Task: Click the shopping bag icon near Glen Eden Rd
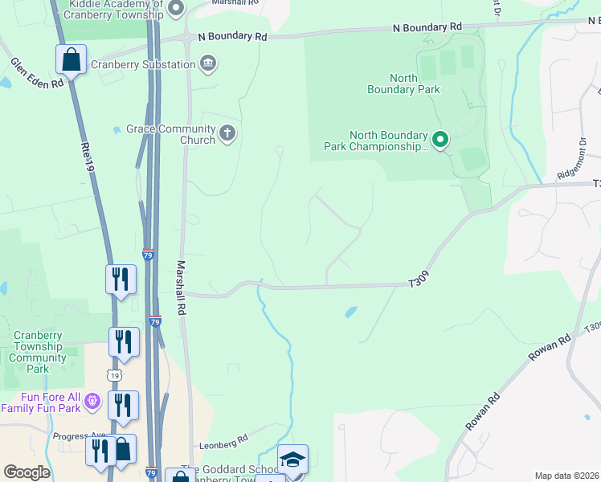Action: point(71,59)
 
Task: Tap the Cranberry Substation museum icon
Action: point(208,63)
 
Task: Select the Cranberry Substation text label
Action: point(143,64)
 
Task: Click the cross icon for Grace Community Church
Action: point(228,133)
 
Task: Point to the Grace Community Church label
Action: point(170,134)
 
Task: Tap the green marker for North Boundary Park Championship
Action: point(440,140)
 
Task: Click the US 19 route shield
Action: point(115,375)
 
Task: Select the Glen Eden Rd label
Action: point(37,73)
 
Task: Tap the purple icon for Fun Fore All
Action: point(93,399)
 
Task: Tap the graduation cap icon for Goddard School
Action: point(292,460)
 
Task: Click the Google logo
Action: point(27,472)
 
